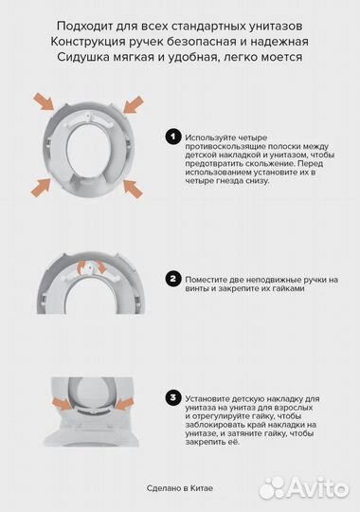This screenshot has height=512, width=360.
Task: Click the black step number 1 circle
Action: click(x=173, y=137)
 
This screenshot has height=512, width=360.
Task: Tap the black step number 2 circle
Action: click(x=173, y=279)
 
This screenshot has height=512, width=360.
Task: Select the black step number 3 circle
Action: click(x=173, y=398)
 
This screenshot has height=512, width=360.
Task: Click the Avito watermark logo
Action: click(x=304, y=488)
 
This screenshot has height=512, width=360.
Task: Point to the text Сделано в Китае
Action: click(x=179, y=488)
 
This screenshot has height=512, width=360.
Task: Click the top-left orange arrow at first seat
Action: click(x=45, y=101)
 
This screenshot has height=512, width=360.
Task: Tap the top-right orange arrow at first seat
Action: click(x=134, y=104)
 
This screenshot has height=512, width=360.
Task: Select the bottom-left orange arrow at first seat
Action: click(x=41, y=187)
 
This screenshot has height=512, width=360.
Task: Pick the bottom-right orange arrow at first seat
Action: click(x=134, y=189)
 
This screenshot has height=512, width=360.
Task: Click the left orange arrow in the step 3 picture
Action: click(x=61, y=404)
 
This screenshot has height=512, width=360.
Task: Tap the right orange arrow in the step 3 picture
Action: click(x=124, y=404)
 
